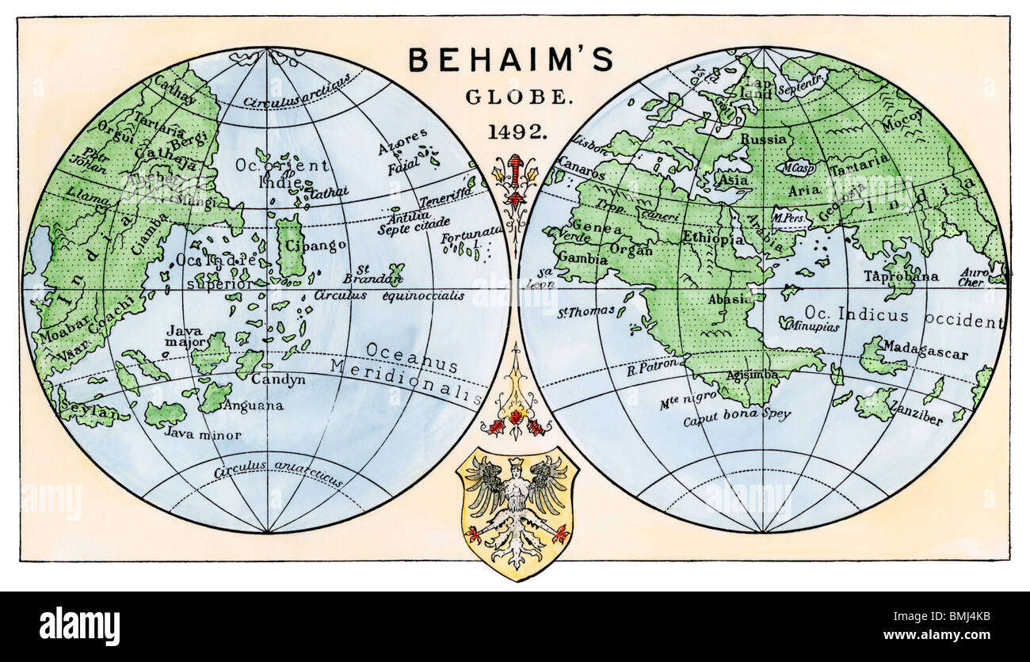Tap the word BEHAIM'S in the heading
coord(510,61)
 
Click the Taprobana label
coord(901,276)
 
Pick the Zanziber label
coord(916,414)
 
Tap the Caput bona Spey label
coord(737,414)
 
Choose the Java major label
coord(184,337)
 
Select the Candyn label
coord(278,380)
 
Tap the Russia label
coord(763,139)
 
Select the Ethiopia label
coord(713,238)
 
